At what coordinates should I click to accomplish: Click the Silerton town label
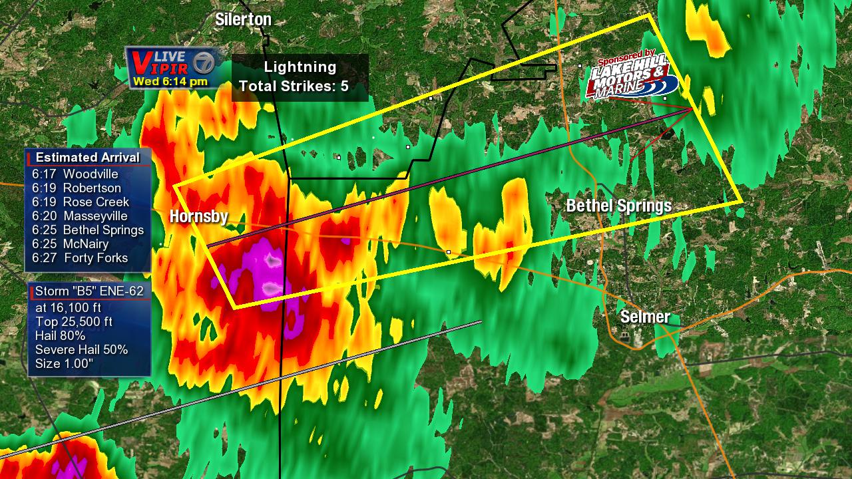point(243,20)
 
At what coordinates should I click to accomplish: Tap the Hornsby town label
point(198,216)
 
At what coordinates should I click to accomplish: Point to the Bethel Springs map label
point(618,206)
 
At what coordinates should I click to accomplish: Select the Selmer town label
point(645,317)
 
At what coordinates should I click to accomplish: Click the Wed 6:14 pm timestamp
point(170,82)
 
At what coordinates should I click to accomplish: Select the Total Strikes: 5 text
point(294,86)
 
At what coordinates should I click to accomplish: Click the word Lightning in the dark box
point(300,67)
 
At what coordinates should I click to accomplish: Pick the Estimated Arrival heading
point(87,158)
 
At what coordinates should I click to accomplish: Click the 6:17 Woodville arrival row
point(75,174)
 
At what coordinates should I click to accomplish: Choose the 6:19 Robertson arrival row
point(76,188)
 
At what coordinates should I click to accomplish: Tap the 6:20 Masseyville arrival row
point(79,216)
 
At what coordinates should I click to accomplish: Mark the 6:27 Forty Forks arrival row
point(79,258)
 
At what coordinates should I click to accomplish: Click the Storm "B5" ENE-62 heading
point(89,291)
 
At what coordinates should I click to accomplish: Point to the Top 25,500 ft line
point(73,322)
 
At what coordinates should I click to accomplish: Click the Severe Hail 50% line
point(81,350)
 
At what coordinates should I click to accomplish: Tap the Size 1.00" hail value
point(64,363)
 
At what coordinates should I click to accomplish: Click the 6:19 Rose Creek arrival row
point(80,202)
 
